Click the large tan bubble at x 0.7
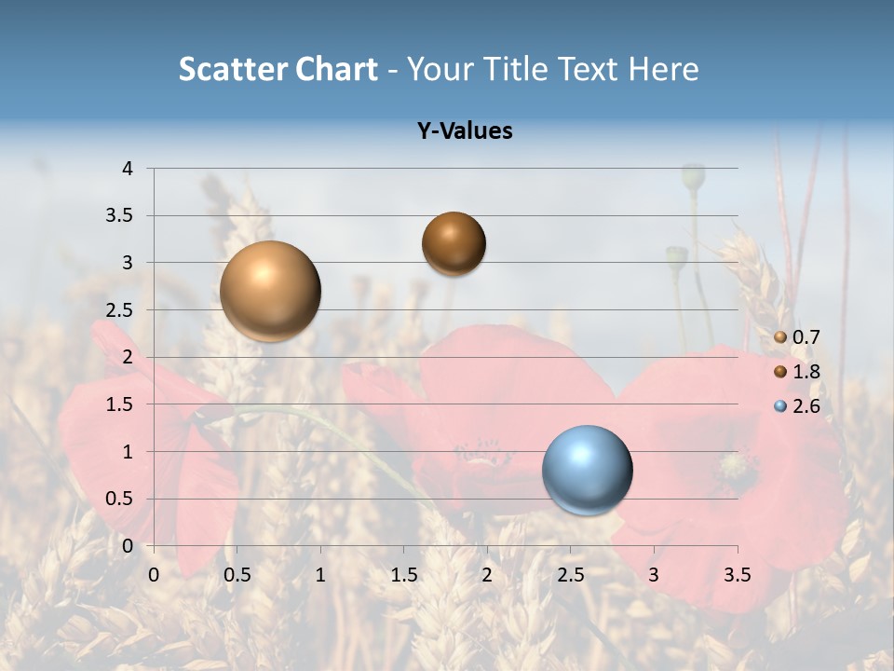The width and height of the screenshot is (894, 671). (x=270, y=291)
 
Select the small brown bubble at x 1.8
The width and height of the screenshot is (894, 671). (x=454, y=243)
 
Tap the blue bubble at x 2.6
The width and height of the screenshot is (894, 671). (x=587, y=470)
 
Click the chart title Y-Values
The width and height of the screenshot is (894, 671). (x=465, y=131)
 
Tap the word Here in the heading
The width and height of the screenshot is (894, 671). (x=662, y=69)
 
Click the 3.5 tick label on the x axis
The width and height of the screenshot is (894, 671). (x=738, y=575)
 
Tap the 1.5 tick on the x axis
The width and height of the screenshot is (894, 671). (x=403, y=575)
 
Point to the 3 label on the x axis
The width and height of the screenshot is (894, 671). (x=654, y=575)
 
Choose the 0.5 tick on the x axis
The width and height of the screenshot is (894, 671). (x=237, y=575)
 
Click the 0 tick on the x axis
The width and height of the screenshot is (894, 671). (x=154, y=575)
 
